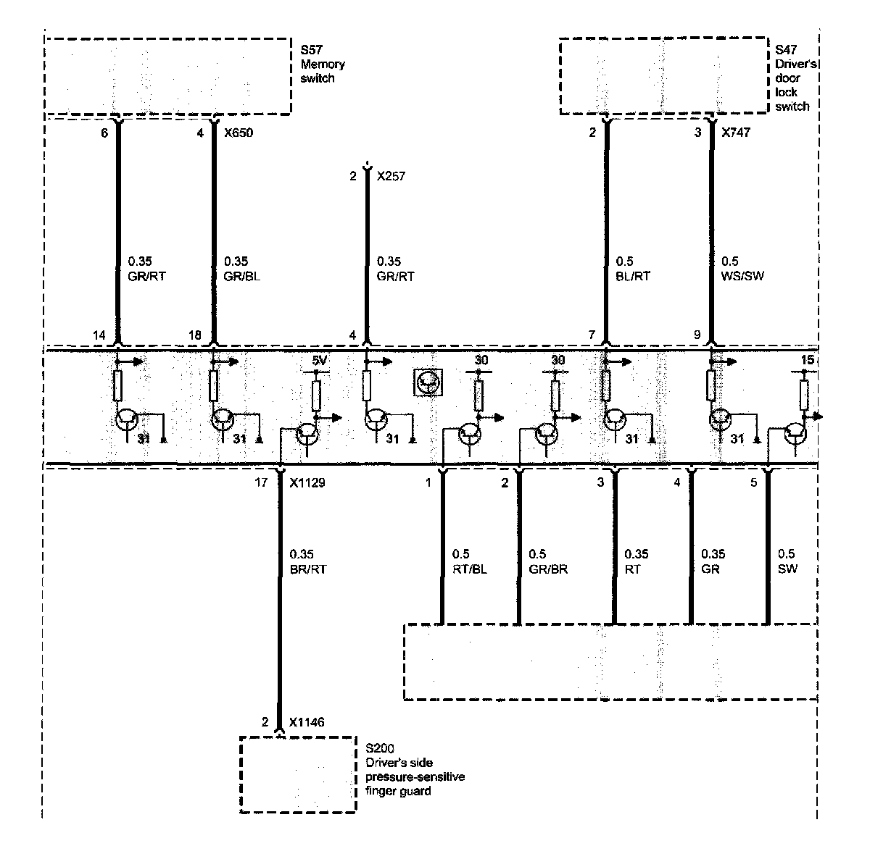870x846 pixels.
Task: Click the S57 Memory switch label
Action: point(323,64)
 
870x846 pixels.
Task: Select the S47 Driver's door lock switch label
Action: point(795,78)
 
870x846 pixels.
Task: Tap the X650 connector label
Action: point(239,133)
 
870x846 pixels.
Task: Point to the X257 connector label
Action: point(391,176)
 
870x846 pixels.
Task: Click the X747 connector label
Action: point(736,133)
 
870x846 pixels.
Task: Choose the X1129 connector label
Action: point(307,482)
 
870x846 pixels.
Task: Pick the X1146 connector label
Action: point(307,722)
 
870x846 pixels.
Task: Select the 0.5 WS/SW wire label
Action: point(742,269)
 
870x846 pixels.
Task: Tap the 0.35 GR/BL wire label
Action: point(241,269)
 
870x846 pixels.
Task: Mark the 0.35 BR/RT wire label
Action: point(307,561)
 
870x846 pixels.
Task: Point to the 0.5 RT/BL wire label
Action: point(468,561)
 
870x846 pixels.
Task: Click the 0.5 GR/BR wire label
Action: point(549,561)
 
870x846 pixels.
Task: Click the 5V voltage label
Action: point(320,360)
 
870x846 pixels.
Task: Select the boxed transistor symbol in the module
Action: point(428,382)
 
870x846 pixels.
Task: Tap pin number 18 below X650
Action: point(195,335)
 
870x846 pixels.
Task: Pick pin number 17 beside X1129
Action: point(261,482)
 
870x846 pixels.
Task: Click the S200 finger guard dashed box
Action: point(298,774)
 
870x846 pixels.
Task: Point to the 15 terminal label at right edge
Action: point(808,360)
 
